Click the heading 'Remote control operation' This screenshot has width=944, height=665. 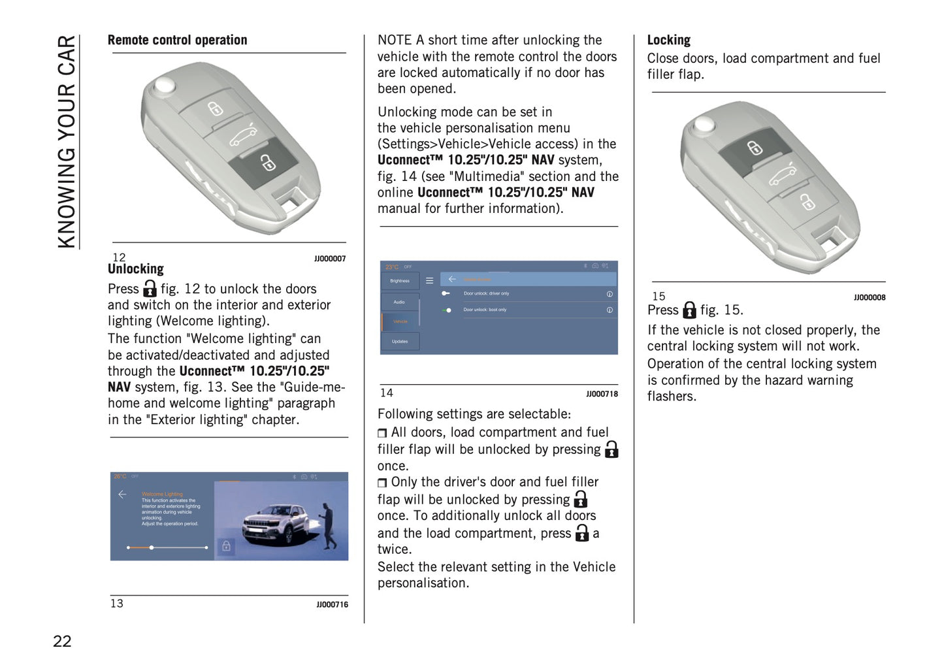[x=177, y=40]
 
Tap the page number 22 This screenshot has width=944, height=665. [x=62, y=641]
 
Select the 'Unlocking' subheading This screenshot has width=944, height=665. [x=135, y=268]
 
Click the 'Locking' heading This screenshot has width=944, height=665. [x=668, y=40]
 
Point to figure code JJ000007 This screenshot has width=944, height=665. [x=330, y=259]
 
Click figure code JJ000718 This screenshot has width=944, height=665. [x=602, y=394]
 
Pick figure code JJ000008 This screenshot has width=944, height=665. [x=870, y=297]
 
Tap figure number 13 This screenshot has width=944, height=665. [x=117, y=603]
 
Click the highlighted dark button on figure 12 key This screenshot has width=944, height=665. [x=265, y=162]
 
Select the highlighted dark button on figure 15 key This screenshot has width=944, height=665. [x=755, y=148]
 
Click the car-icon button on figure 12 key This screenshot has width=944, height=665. [x=242, y=135]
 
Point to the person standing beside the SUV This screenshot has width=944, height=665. [x=329, y=525]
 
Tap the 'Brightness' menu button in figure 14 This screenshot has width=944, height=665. [x=400, y=281]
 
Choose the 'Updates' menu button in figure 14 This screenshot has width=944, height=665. [x=400, y=341]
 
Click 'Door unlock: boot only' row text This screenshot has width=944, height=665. [x=485, y=310]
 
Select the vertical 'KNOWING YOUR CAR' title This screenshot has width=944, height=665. [x=67, y=141]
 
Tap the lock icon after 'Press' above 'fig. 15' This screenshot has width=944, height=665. [x=689, y=310]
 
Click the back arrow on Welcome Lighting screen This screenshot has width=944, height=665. [x=122, y=495]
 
